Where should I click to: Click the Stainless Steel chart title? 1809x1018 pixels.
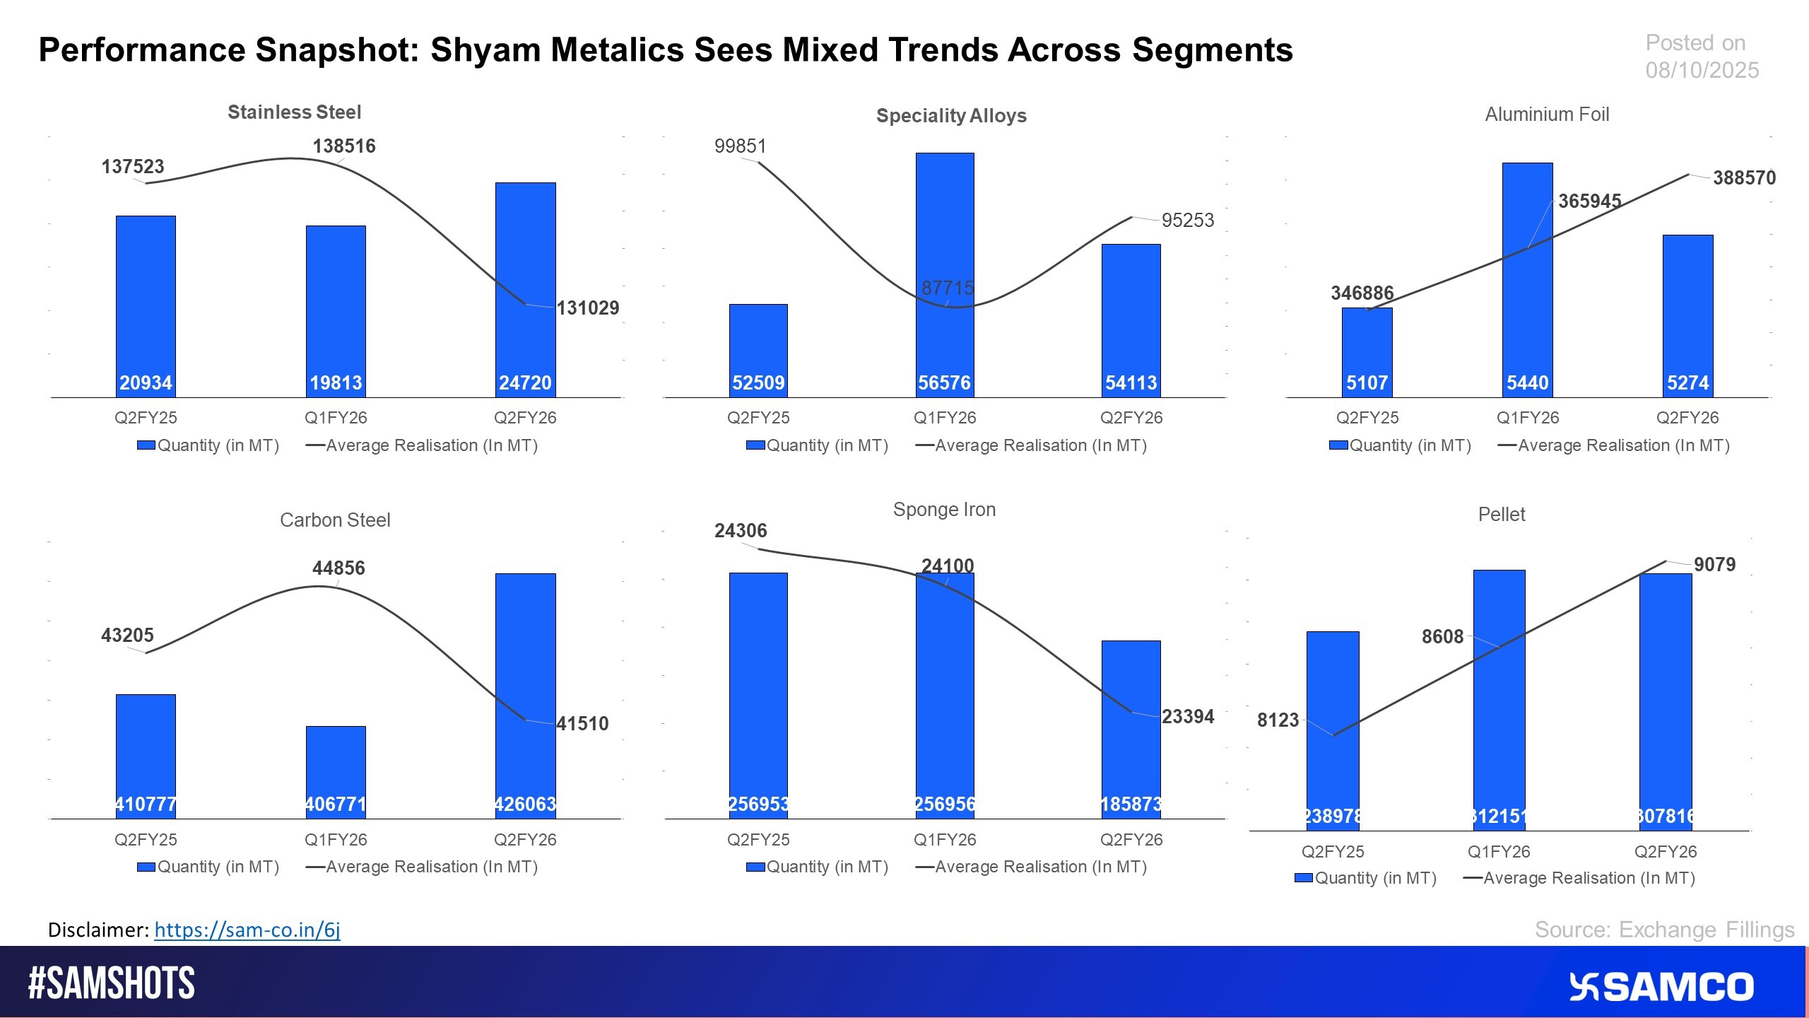294,112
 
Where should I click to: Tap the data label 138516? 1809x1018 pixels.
344,146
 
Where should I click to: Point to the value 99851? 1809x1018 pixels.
740,146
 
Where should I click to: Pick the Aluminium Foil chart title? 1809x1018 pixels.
1547,115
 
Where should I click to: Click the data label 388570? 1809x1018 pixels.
1744,178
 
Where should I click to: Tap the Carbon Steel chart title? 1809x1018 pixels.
335,520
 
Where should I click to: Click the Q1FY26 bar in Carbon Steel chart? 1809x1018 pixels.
336,771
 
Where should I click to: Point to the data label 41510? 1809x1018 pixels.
582,724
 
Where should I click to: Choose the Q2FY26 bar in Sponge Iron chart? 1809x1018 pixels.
1131,728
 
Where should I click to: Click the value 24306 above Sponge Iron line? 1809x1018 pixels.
740,531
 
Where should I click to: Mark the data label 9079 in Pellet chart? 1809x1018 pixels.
1714,565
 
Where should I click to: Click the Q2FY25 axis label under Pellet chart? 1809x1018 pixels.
1333,852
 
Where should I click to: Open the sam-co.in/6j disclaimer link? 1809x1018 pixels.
247,930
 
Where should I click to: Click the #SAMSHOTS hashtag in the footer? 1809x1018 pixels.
111,983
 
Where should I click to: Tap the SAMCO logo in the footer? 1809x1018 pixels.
1661,987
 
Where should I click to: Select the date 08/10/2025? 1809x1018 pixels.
1702,70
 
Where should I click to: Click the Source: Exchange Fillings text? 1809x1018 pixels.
1664,930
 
